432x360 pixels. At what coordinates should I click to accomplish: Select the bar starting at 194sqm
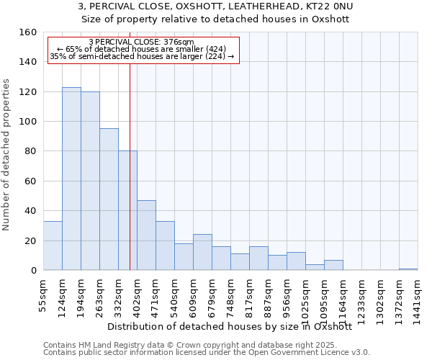(x=90, y=181)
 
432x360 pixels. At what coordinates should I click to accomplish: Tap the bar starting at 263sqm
(x=109, y=199)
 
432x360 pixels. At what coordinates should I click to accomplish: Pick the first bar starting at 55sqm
(x=53, y=246)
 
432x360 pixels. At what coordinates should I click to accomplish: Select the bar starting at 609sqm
(x=202, y=252)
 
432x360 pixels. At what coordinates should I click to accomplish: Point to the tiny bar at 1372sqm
(x=408, y=269)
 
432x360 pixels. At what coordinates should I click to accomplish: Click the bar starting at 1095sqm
(x=333, y=265)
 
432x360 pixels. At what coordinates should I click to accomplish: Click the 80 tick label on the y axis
(x=30, y=151)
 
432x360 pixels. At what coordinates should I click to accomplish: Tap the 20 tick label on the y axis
(x=30, y=240)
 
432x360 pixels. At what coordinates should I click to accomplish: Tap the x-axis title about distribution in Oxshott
(x=229, y=326)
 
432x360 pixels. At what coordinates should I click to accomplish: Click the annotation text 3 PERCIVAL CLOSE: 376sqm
(x=141, y=42)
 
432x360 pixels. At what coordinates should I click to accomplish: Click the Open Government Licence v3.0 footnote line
(x=206, y=352)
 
